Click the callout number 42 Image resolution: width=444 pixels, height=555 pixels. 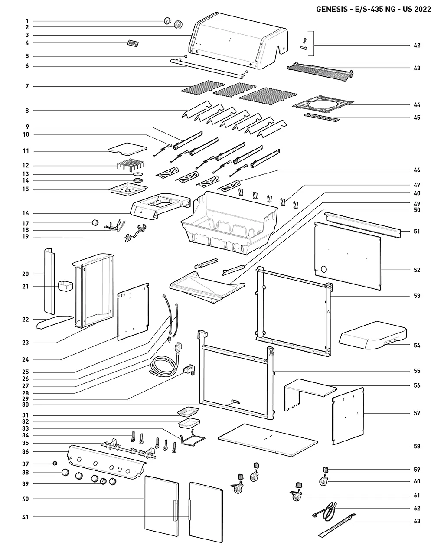click(x=417, y=45)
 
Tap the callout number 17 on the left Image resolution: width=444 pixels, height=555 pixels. click(x=26, y=223)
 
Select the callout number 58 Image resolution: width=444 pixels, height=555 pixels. click(x=417, y=446)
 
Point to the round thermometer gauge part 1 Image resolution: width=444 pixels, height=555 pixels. click(x=167, y=20)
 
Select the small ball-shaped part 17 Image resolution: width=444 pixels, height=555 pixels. click(x=95, y=223)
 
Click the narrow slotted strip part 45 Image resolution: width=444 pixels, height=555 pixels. click(x=320, y=118)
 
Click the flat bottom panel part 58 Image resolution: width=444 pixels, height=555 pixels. click(x=269, y=440)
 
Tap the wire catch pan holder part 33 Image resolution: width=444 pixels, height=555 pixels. click(x=193, y=439)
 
